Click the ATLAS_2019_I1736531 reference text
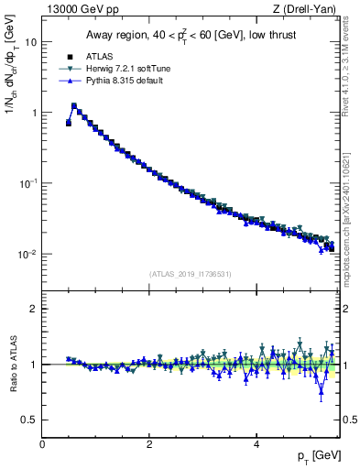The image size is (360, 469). click(x=190, y=274)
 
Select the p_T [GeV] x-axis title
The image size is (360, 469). click(x=321, y=455)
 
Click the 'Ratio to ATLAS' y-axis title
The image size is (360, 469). click(x=12, y=365)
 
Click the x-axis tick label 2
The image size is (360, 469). click(x=149, y=444)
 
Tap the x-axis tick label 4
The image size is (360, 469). click(x=256, y=444)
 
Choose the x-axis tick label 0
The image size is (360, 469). click(x=42, y=444)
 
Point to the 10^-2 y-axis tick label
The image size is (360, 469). click(x=27, y=254)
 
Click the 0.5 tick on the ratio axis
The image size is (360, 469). click(x=29, y=420)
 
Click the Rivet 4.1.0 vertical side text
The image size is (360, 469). click(x=350, y=82)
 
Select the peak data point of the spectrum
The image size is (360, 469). click(x=74, y=106)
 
